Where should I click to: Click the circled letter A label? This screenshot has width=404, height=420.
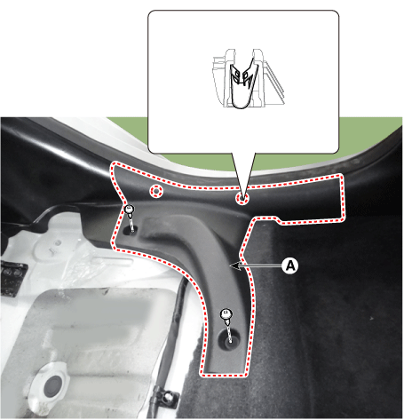pyautogui.click(x=290, y=265)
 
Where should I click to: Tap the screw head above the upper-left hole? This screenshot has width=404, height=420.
pyautogui.click(x=129, y=209)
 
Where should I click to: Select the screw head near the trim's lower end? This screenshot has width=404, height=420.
pyautogui.click(x=226, y=314)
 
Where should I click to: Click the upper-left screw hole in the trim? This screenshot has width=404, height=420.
pyautogui.click(x=129, y=229)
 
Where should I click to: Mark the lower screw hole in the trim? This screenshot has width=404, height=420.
pyautogui.click(x=229, y=339)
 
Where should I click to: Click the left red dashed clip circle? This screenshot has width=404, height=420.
pyautogui.click(x=156, y=191)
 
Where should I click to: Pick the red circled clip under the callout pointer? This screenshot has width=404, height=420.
pyautogui.click(x=242, y=198)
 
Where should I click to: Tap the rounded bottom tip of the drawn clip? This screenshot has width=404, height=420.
pyautogui.click(x=240, y=106)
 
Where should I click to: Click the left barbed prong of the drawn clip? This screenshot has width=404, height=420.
pyautogui.click(x=234, y=75)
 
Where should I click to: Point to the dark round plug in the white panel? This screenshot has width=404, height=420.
pyautogui.click(x=52, y=385)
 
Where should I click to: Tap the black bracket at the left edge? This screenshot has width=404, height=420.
pyautogui.click(x=12, y=278)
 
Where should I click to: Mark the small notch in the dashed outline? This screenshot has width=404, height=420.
pyautogui.click(x=278, y=219)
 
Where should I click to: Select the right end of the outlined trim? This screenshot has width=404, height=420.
pyautogui.click(x=339, y=198)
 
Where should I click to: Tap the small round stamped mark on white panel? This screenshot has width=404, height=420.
pyautogui.click(x=58, y=243)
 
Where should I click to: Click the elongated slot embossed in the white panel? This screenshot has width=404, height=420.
pyautogui.click(x=114, y=261)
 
